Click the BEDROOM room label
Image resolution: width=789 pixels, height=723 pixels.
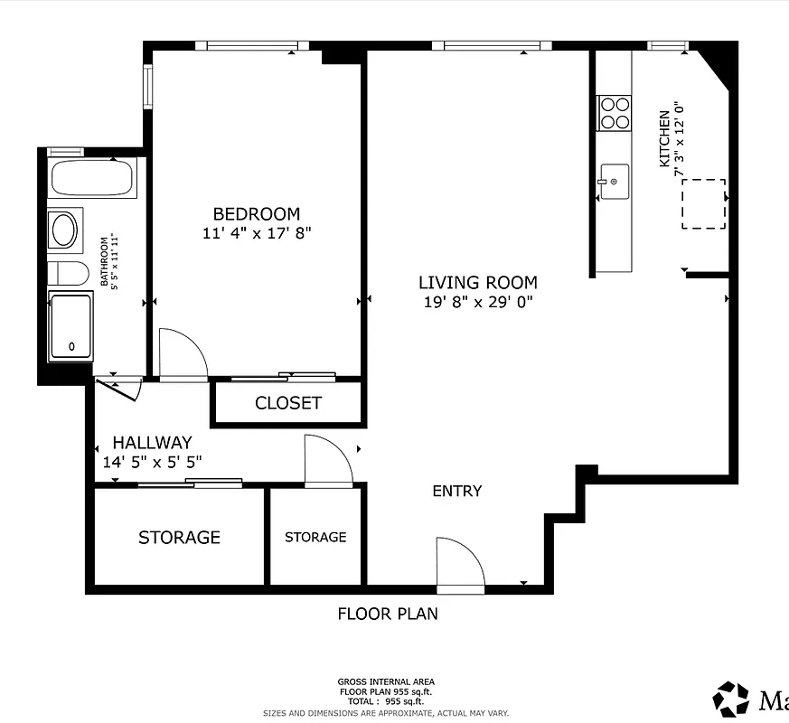(256, 214)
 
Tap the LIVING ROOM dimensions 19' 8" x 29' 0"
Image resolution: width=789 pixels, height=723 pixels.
(477, 302)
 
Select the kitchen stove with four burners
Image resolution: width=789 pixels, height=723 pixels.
(615, 113)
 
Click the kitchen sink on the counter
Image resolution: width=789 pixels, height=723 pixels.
(614, 182)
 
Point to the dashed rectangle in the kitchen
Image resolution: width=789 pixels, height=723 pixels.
(703, 203)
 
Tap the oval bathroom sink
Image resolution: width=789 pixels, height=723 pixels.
(65, 230)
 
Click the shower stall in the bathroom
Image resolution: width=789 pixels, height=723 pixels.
(70, 326)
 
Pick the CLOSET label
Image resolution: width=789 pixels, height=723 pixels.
(287, 403)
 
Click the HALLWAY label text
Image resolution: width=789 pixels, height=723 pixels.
(152, 443)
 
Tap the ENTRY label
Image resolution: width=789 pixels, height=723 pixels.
(456, 491)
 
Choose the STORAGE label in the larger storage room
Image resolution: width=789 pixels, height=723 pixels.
(179, 538)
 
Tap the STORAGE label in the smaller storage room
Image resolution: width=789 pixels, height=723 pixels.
(315, 537)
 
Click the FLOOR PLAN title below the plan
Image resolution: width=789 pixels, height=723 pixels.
(388, 614)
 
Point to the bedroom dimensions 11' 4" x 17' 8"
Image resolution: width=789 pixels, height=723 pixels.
(257, 232)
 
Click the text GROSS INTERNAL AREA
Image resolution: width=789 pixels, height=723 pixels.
(386, 682)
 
